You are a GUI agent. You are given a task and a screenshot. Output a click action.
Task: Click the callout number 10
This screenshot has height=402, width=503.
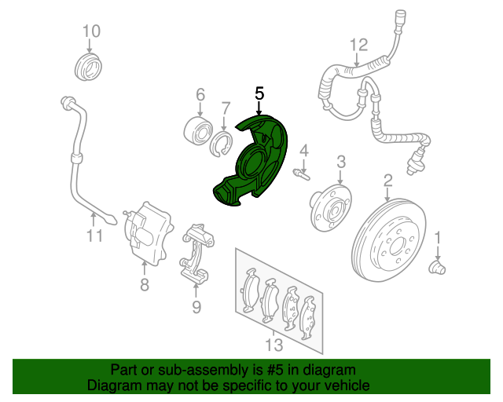pos(91,31)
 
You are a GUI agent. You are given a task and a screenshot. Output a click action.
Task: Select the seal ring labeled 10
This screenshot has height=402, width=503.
pos(87,67)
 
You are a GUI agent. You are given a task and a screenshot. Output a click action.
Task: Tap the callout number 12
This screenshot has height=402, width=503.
pos(358,43)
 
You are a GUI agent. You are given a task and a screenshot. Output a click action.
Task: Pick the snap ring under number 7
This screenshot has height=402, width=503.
pos(222,143)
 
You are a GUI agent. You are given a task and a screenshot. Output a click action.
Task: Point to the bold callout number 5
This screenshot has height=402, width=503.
pos(259,93)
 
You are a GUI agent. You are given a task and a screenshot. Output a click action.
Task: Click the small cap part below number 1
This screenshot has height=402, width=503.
pos(436,268)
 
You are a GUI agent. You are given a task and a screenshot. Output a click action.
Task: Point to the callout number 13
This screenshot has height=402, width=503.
pos(273,345)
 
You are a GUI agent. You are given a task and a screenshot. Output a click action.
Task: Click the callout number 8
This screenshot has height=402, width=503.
pos(145,286)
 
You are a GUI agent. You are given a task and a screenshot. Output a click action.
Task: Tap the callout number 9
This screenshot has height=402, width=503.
pos(196,307)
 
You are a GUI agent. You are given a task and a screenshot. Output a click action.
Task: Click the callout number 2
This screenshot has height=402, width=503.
pos(387,182)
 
